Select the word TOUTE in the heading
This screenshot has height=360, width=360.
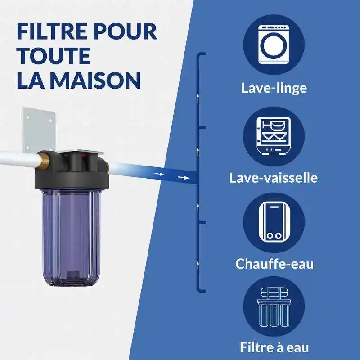54,56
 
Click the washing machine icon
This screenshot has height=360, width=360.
274,45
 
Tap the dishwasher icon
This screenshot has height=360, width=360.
274,136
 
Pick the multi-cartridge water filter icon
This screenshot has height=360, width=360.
274,307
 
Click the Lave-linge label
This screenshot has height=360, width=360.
274,88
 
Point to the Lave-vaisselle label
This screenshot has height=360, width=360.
274,178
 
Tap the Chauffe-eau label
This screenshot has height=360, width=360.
274,264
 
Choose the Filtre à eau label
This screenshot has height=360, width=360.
274,347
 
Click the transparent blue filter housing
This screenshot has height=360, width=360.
71,237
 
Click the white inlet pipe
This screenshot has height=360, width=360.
19,158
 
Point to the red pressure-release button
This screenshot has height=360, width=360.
84,156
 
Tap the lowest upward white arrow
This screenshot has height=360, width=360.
198,265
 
